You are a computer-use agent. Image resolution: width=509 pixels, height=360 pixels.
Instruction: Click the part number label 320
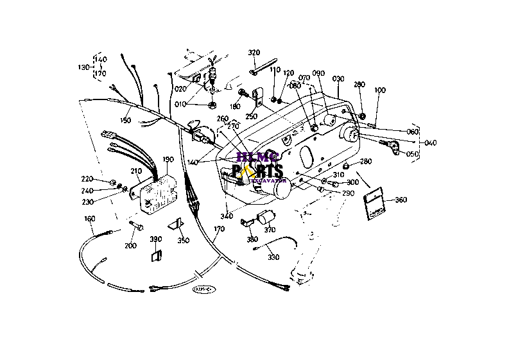pyautogui.click(x=254, y=53)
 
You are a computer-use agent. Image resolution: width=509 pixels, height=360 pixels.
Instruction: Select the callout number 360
pyautogui.click(x=400, y=200)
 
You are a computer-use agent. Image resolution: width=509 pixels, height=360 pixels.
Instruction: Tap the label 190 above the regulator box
pyautogui.click(x=168, y=159)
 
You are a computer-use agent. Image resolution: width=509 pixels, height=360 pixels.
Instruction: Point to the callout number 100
pyautogui.click(x=380, y=90)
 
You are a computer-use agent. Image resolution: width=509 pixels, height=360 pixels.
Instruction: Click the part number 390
pyautogui.click(x=156, y=239)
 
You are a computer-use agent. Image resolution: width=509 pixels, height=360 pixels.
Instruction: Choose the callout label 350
pyautogui.click(x=184, y=241)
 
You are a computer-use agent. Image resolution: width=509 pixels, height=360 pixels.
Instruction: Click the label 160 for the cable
pyautogui.click(x=90, y=219)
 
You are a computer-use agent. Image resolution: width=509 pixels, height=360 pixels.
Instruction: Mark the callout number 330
pyautogui.click(x=274, y=257)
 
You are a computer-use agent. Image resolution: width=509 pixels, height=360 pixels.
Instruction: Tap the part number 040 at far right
pyautogui.click(x=429, y=142)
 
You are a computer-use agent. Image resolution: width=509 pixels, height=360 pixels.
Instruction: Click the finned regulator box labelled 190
pyautogui.click(x=157, y=190)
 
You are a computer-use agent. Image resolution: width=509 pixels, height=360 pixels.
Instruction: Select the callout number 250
pyautogui.click(x=250, y=116)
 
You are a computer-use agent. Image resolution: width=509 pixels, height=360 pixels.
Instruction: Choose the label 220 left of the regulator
pyautogui.click(x=87, y=179)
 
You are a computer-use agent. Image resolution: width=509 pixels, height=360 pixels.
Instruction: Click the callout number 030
pyautogui.click(x=338, y=79)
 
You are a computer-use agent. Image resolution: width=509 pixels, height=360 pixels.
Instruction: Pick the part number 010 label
pyautogui.click(x=182, y=104)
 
